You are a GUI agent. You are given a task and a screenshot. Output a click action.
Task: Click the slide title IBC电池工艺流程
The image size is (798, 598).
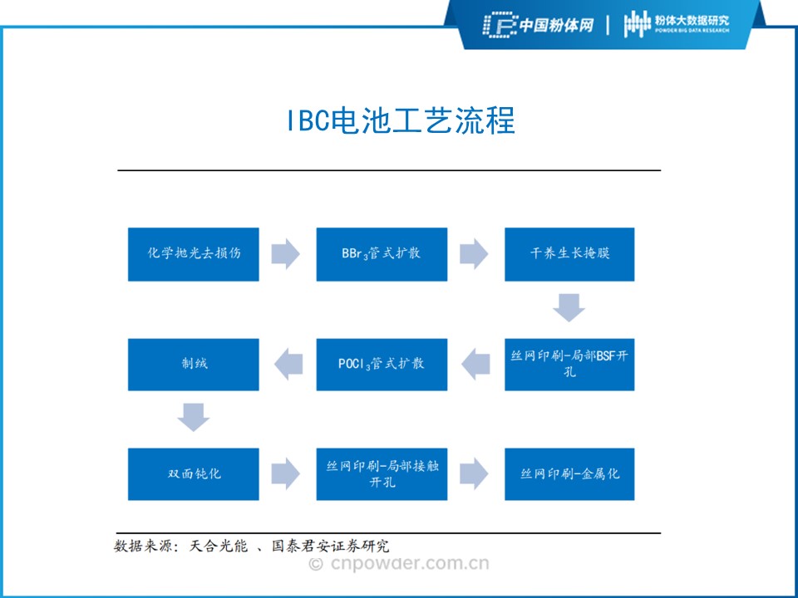click(400, 120)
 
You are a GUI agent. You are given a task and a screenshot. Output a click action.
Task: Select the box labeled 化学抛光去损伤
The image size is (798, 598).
click(194, 254)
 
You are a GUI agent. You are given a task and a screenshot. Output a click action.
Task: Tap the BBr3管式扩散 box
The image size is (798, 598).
click(382, 254)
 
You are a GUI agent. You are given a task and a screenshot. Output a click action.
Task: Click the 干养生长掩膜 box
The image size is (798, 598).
click(569, 254)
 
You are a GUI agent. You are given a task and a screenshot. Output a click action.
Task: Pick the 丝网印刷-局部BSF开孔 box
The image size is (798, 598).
click(569, 365)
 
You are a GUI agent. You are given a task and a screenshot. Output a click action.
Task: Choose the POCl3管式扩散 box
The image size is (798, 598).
click(382, 365)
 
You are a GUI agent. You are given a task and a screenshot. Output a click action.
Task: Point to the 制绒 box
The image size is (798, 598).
click(194, 365)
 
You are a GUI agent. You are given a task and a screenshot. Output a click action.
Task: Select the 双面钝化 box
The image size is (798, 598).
click(194, 474)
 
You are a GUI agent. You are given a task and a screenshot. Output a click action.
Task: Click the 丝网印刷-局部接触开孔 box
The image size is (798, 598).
click(382, 474)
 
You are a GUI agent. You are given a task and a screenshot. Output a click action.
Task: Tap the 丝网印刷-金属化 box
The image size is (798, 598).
click(569, 474)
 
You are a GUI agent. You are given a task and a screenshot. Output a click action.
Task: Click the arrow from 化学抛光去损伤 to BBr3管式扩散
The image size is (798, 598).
click(286, 254)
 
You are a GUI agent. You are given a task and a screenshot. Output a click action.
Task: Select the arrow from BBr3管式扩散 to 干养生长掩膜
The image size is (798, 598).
click(474, 254)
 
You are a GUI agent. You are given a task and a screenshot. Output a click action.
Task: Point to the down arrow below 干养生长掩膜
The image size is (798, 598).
click(569, 308)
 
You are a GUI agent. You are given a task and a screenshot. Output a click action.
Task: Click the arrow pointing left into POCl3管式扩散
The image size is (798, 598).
click(475, 365)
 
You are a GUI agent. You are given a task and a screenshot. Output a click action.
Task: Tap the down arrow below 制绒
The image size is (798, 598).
click(194, 418)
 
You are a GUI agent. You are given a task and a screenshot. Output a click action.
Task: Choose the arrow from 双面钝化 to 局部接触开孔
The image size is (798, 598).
click(286, 474)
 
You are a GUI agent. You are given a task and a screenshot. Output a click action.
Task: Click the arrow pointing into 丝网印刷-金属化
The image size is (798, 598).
click(474, 474)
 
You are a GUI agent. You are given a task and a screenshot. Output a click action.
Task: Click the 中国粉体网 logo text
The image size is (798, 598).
click(539, 25)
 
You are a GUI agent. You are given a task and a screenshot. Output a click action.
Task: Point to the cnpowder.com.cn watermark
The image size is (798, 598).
click(399, 565)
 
